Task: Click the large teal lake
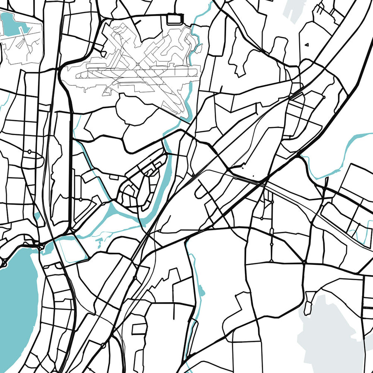[17, 298]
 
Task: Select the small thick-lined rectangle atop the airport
[174, 18]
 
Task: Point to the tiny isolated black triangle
[307, 44]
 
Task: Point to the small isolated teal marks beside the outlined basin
[99, 242]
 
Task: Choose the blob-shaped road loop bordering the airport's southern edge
[137, 110]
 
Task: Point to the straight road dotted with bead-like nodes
[271, 232]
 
